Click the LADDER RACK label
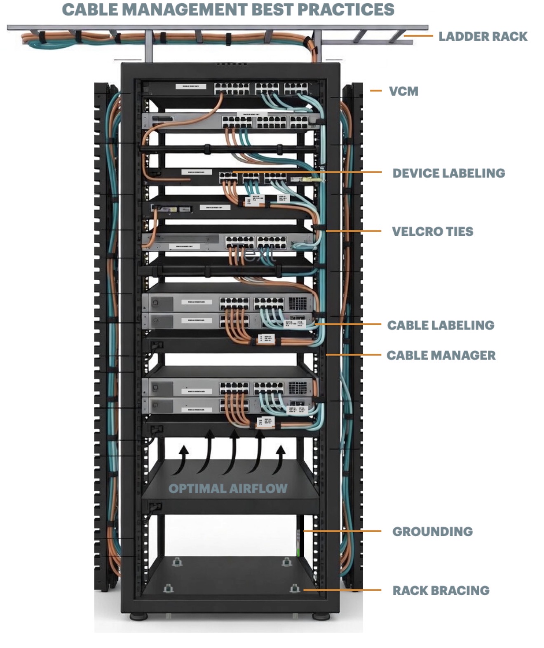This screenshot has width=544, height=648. (x=483, y=37)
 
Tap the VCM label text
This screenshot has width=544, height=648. (x=403, y=91)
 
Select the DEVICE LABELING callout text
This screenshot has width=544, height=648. (x=448, y=173)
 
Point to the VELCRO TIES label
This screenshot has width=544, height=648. (x=432, y=232)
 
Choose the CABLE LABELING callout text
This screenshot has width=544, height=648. (x=441, y=325)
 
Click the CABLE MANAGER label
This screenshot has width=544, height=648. (x=441, y=355)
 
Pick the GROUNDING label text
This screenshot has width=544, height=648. (x=432, y=531)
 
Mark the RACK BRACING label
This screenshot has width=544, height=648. (x=441, y=590)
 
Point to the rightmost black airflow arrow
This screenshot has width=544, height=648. (x=281, y=458)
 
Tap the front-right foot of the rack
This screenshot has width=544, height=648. (x=321, y=617)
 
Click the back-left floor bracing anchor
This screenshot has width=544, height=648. (x=177, y=561)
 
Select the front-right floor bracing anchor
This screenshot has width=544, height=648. (x=294, y=588)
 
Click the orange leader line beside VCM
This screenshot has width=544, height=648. (x=376, y=91)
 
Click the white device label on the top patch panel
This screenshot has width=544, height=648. (x=190, y=87)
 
